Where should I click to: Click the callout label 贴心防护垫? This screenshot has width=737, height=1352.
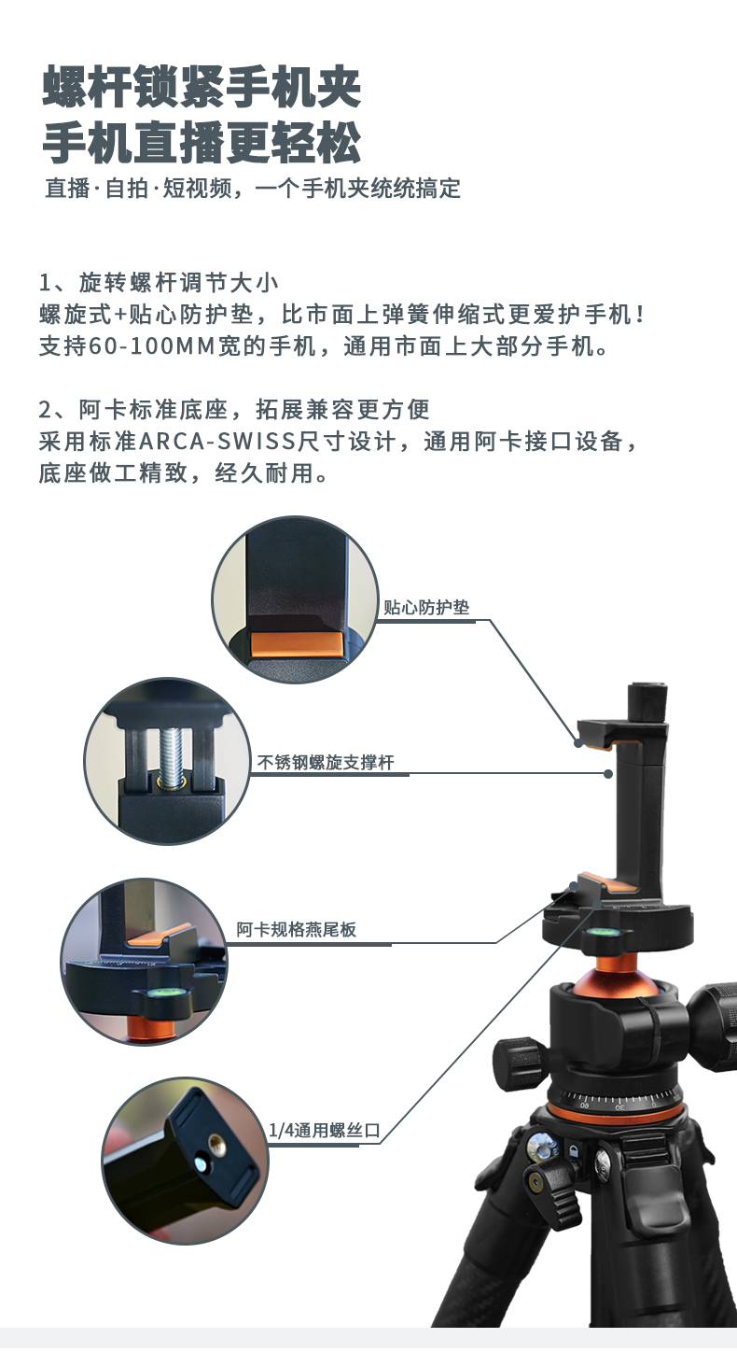tap(425, 607)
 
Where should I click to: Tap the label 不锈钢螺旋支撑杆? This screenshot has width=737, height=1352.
tap(326, 762)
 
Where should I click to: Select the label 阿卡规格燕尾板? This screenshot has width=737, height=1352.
tap(296, 930)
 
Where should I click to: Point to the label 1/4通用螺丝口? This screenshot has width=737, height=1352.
tap(325, 1130)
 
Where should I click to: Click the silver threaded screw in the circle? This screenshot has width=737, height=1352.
tap(172, 755)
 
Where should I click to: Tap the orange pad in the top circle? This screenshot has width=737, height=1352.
tap(297, 643)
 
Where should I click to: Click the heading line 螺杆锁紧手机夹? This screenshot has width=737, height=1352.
tap(202, 88)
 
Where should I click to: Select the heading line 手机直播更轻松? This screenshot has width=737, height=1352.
tap(202, 143)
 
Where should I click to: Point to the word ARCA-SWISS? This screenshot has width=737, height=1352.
tap(217, 442)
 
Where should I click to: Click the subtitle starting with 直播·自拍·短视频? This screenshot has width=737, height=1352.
tap(253, 189)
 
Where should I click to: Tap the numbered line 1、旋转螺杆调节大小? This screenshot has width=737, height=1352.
tap(159, 283)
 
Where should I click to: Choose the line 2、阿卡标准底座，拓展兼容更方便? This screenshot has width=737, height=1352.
tap(234, 409)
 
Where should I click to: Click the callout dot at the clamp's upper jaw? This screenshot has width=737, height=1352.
tap(578, 743)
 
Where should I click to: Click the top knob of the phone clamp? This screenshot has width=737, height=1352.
tap(647, 702)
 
